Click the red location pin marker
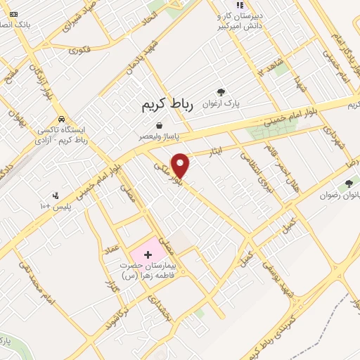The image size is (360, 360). click(x=181, y=165)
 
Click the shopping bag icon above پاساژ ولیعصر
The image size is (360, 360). click(x=160, y=125)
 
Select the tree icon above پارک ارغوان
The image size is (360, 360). click(x=221, y=92)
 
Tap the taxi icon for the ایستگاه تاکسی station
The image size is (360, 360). click(x=63, y=119)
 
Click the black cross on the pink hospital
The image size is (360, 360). click(x=148, y=252)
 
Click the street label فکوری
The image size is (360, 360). click(x=79, y=50)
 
